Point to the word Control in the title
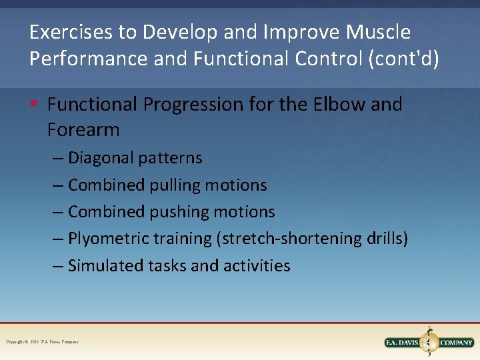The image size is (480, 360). pyautogui.click(x=327, y=58)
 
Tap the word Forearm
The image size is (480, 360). pyautogui.click(x=83, y=129)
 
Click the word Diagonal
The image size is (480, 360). pyautogui.click(x=101, y=158)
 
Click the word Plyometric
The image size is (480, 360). pyautogui.click(x=108, y=239)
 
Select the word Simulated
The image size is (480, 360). pyautogui.click(x=104, y=265)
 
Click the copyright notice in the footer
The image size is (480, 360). pyautogui.click(x=42, y=342)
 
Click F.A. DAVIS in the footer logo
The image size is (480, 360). pyautogui.click(x=402, y=343)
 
